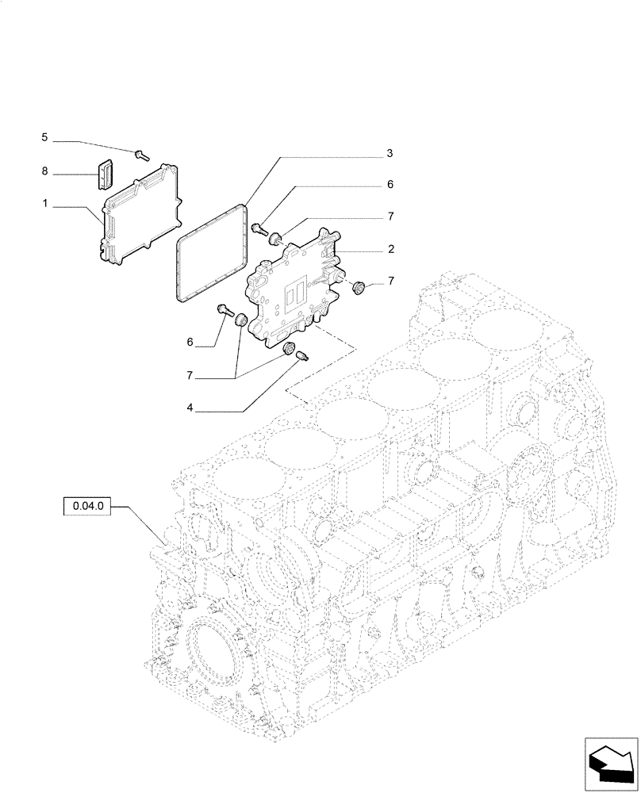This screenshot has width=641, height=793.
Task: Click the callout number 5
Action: [x=44, y=138]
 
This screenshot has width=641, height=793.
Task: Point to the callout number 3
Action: [x=390, y=152]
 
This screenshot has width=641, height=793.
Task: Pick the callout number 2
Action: [x=390, y=249]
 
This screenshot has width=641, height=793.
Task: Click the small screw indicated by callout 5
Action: [x=143, y=155]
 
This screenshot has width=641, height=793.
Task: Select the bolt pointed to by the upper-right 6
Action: [x=259, y=229]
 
